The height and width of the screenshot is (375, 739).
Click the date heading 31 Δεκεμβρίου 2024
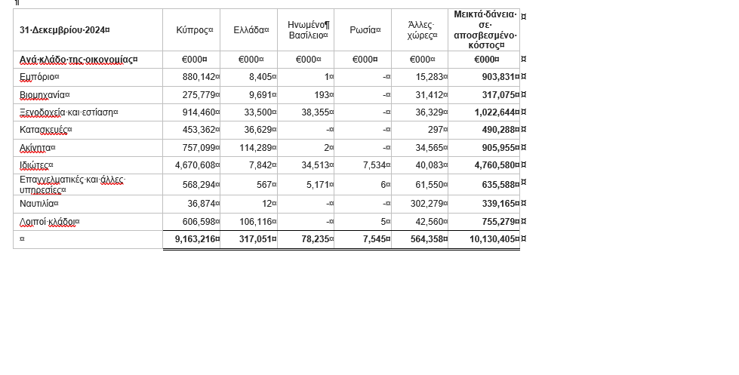click(65, 30)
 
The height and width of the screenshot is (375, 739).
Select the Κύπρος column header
click(194, 30)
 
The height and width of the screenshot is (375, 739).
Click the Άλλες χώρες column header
click(422, 30)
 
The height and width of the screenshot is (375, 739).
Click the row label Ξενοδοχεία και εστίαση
click(69, 112)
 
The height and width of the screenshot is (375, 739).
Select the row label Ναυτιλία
click(38, 204)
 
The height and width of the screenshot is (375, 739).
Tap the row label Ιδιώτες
click(36, 165)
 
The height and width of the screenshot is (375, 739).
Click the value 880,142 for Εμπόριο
click(199, 77)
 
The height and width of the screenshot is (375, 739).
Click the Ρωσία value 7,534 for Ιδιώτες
click(374, 165)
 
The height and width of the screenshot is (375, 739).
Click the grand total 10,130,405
click(493, 239)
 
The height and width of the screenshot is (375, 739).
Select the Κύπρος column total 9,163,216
click(196, 239)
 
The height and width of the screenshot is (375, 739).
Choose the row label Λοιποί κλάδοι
click(49, 222)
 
